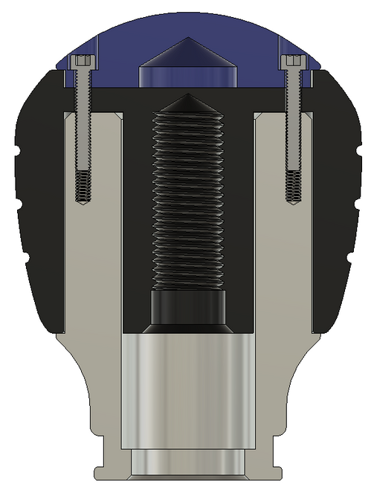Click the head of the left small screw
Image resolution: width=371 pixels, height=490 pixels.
pyautogui.click(x=83, y=62)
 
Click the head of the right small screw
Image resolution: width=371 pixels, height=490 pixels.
pyautogui.click(x=291, y=62)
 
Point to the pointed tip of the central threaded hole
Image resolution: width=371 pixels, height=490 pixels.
pyautogui.click(x=187, y=99)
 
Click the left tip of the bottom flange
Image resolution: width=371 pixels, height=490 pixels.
pyautogui.click(x=97, y=471)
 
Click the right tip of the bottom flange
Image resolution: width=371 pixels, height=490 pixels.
pyautogui.click(x=277, y=471)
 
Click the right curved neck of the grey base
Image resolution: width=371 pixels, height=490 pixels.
pyautogui.click(x=285, y=387)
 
